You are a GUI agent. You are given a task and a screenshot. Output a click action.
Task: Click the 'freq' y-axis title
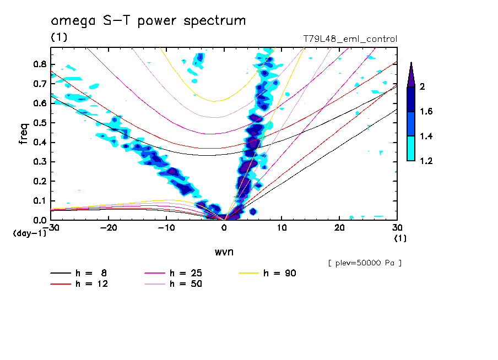(24, 133)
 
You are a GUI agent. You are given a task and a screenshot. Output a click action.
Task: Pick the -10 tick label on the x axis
(166, 227)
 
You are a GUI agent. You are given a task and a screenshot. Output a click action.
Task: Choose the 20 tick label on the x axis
(339, 227)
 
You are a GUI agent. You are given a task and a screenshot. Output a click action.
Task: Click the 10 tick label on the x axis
(282, 227)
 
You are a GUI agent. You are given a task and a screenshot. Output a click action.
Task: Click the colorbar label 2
(423, 87)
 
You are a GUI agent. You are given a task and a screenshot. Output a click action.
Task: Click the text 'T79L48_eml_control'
(350, 39)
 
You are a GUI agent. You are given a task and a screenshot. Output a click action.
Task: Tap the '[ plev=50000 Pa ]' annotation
(365, 263)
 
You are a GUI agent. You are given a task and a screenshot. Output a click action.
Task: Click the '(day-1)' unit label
(29, 233)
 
